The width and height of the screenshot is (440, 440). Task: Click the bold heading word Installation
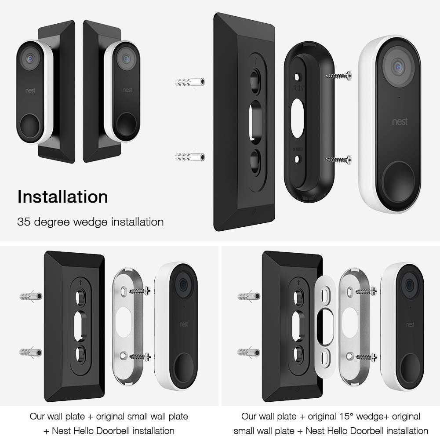pyautogui.click(x=62, y=196)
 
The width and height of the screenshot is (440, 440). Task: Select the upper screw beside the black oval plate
pyautogui.click(x=338, y=76)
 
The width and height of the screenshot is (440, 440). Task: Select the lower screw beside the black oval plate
pyautogui.click(x=338, y=160)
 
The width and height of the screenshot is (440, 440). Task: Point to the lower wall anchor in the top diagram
pyautogui.click(x=190, y=156)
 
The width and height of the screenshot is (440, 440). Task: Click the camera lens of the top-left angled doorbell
pyautogui.click(x=30, y=57)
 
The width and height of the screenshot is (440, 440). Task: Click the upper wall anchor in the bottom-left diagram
pyautogui.click(x=31, y=296)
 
